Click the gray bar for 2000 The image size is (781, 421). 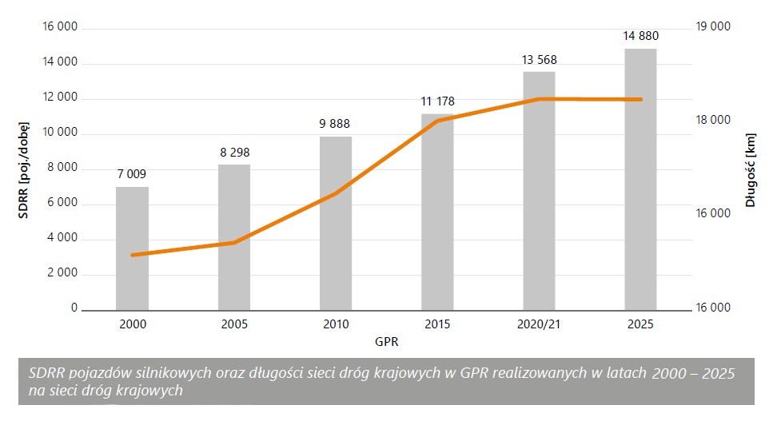pyautogui.click(x=132, y=248)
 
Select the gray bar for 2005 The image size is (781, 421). pyautogui.click(x=234, y=237)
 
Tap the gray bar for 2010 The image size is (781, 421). pyautogui.click(x=336, y=223)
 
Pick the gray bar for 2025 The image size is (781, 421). pyautogui.click(x=640, y=179)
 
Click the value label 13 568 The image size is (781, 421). pyautogui.click(x=539, y=60)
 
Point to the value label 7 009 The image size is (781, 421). pyautogui.click(x=132, y=174)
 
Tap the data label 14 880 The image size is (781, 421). pyautogui.click(x=640, y=36)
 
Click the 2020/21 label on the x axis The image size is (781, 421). pyautogui.click(x=539, y=324)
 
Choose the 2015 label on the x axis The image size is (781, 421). pyautogui.click(x=437, y=324)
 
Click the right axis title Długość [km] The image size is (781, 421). pyautogui.click(x=751, y=169)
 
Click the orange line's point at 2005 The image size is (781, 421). pyautogui.click(x=234, y=242)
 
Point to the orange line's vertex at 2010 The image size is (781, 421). pyautogui.click(x=336, y=193)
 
